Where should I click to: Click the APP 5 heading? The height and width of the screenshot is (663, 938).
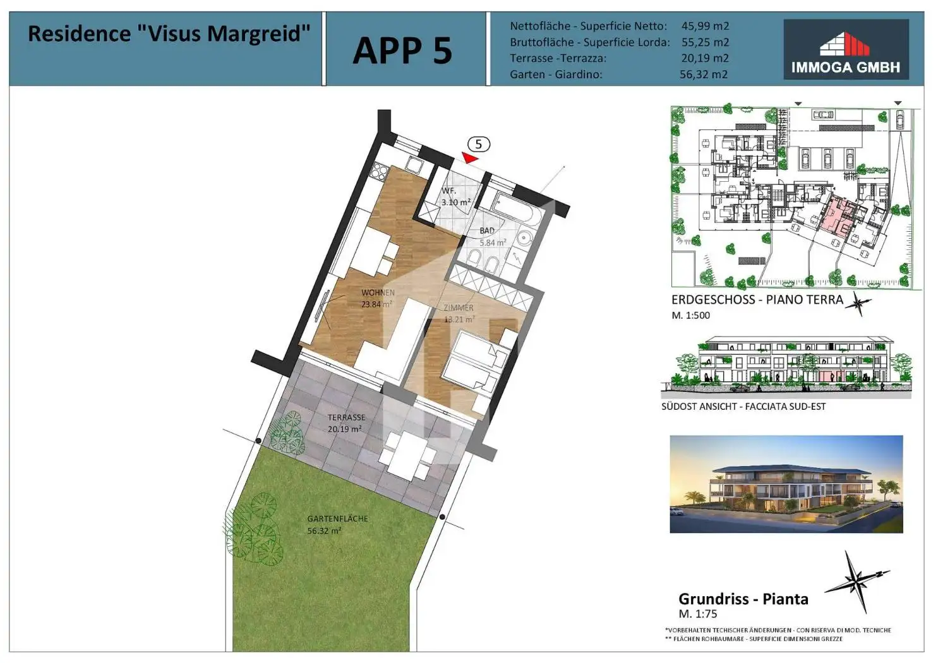pyautogui.click(x=402, y=51)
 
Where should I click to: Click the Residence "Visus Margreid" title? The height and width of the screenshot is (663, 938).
pyautogui.click(x=169, y=33)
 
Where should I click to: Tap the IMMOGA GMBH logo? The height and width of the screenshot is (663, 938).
pyautogui.click(x=845, y=49)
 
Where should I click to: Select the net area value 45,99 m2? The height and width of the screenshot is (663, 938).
pyautogui.click(x=705, y=27)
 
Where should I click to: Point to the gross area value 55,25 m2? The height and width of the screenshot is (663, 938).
pyautogui.click(x=705, y=42)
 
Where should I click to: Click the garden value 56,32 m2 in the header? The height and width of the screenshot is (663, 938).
pyautogui.click(x=704, y=75)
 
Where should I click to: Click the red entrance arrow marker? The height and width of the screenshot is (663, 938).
pyautogui.click(x=470, y=157)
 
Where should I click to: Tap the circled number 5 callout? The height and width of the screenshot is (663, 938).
pyautogui.click(x=478, y=145)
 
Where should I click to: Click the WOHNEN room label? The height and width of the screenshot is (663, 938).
pyautogui.click(x=378, y=293)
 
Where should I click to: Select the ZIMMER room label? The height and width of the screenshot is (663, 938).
pyautogui.click(x=459, y=308)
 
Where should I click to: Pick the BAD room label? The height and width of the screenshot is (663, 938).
pyautogui.click(x=487, y=231)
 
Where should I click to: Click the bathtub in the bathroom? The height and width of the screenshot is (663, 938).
pyautogui.click(x=516, y=208)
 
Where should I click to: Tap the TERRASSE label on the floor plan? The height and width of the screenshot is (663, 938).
pyautogui.click(x=346, y=417)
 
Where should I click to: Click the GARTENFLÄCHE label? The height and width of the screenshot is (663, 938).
pyautogui.click(x=337, y=518)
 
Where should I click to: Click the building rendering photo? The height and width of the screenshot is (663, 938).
pyautogui.click(x=786, y=484)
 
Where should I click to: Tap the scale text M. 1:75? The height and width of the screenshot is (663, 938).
pyautogui.click(x=697, y=614)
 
